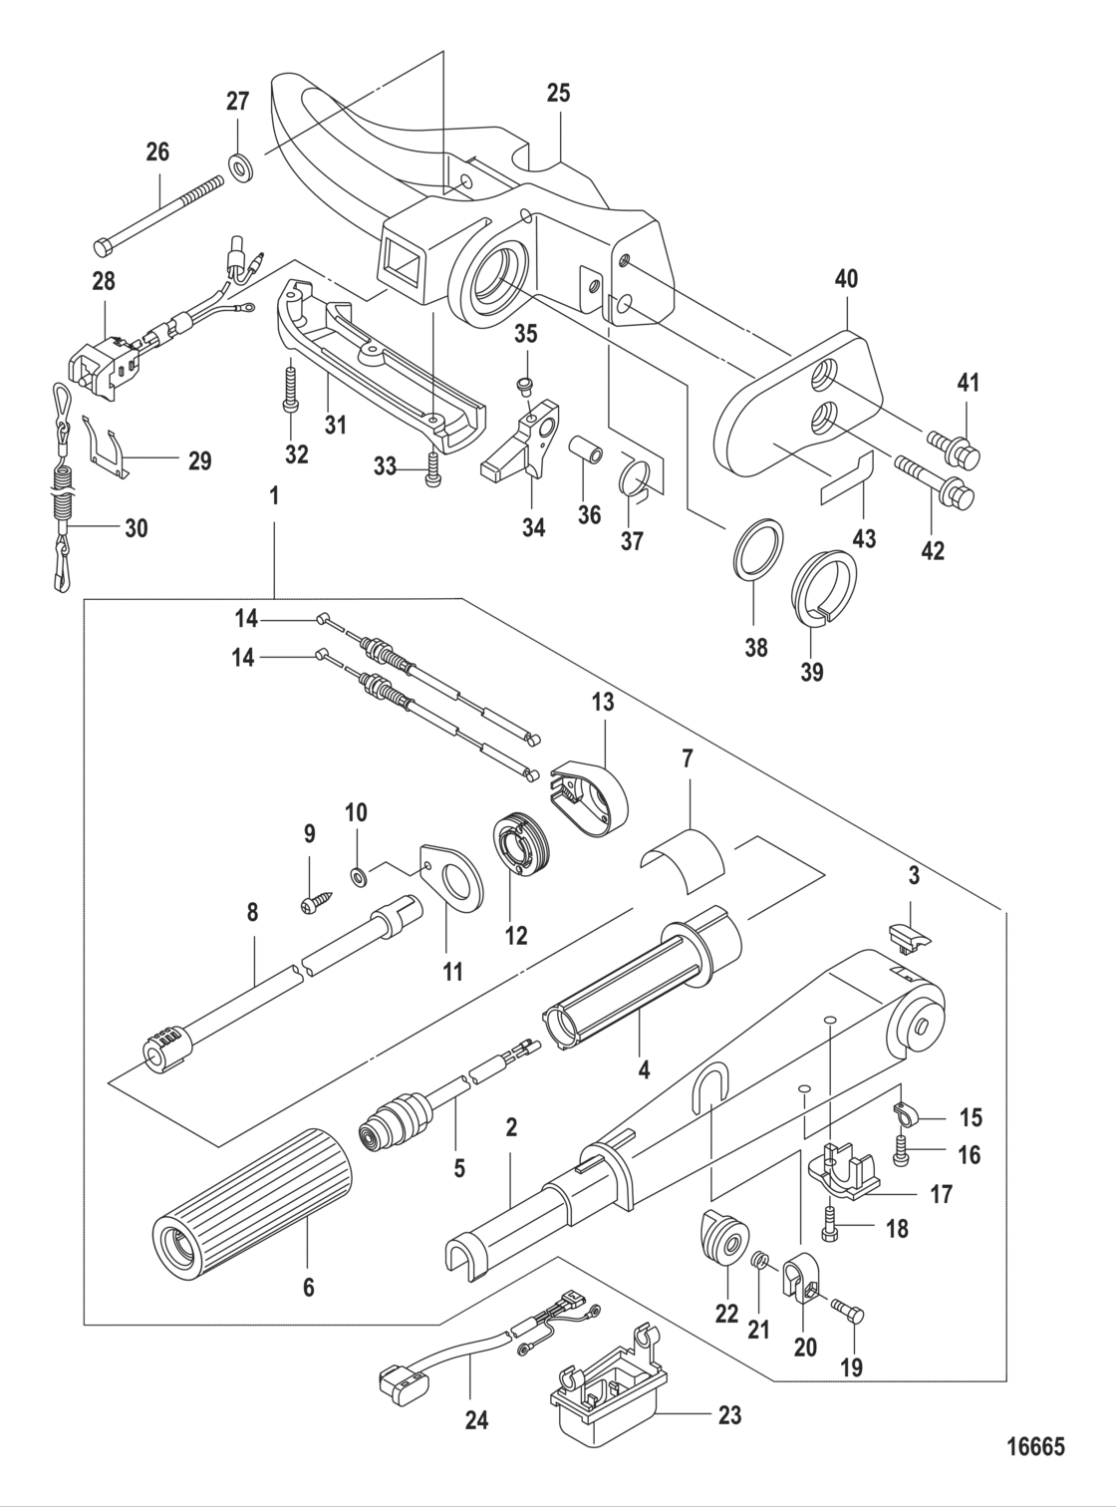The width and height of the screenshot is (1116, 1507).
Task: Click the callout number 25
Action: (x=559, y=95)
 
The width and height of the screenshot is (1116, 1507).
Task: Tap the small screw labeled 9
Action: (x=309, y=905)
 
